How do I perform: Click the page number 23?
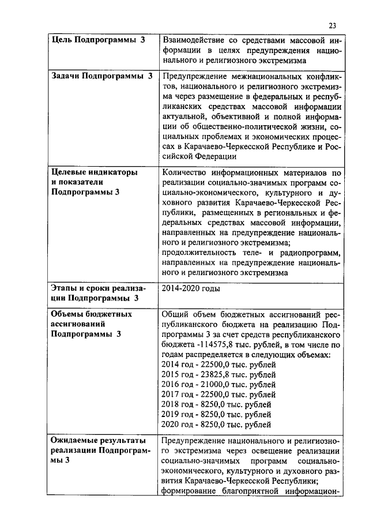332,25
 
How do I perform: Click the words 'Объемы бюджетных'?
92,314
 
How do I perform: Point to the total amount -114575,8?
213,345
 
